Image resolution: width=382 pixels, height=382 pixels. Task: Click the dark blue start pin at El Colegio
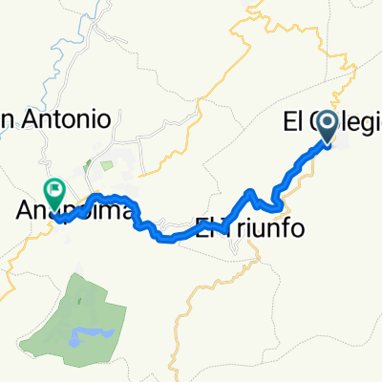click(328, 126)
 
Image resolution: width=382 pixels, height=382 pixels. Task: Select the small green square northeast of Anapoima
click(105, 166)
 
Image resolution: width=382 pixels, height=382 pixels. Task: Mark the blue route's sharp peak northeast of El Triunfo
click(252, 193)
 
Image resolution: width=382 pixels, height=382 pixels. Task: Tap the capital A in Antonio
click(32, 118)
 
